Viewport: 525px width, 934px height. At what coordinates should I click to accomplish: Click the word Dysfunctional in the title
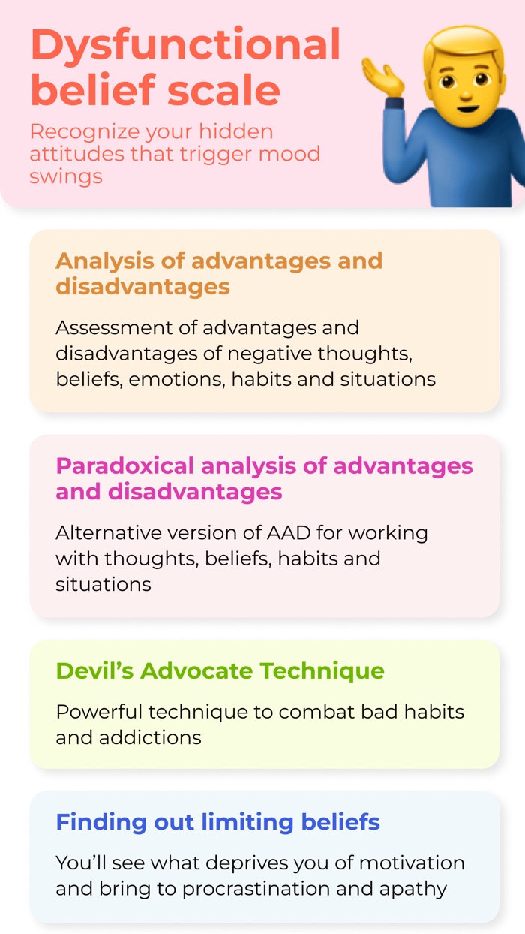[x=185, y=45]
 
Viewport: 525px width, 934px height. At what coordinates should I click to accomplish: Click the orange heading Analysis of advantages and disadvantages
[x=219, y=273]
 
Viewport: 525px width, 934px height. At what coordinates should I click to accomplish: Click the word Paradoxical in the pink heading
[x=122, y=466]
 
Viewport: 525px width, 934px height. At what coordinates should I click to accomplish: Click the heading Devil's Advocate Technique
[x=220, y=670]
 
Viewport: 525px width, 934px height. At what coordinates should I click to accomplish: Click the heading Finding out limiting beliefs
[x=217, y=822]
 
